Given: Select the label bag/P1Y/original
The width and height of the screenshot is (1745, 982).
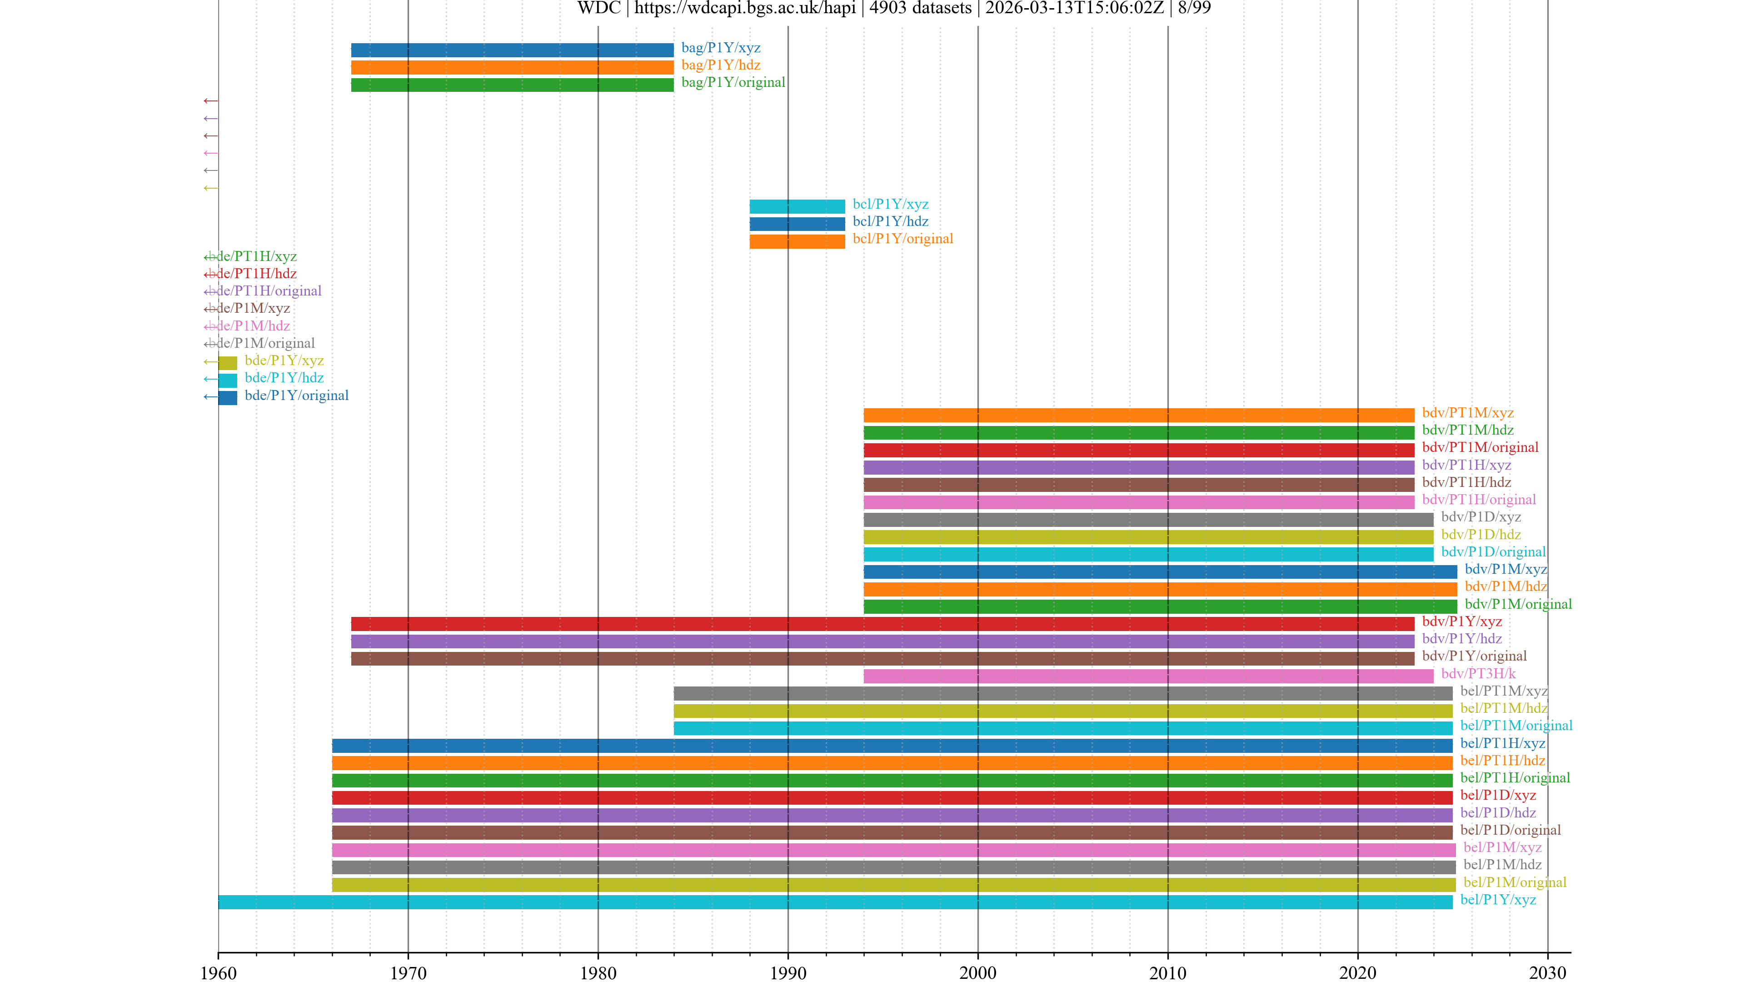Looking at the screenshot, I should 733,82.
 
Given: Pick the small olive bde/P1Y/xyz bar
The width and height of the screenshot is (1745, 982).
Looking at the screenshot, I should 228,363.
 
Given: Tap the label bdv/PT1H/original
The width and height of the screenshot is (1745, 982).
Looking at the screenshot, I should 1478,500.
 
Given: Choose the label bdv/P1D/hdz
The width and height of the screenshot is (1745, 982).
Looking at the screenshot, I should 1481,534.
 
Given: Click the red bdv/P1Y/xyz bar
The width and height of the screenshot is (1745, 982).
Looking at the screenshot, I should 882,623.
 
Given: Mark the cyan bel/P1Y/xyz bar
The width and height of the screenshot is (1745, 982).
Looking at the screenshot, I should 835,902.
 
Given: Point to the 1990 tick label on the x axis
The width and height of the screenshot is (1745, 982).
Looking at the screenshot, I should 788,972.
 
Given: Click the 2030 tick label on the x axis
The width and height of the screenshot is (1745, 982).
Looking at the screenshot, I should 1547,972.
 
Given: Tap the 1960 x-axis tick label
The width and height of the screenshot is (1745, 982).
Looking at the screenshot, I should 218,972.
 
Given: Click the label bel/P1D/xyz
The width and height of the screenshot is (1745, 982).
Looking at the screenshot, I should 1498,795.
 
